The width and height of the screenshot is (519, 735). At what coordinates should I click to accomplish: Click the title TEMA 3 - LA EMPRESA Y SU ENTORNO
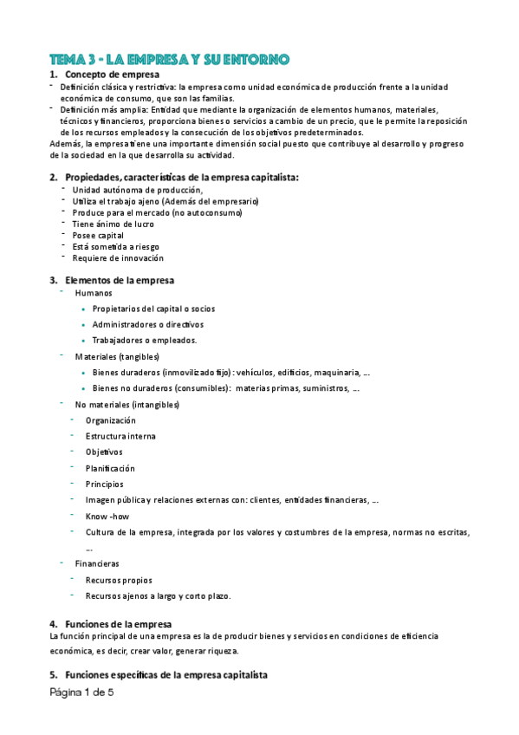(169, 59)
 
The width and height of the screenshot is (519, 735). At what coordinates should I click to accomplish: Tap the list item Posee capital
(98, 235)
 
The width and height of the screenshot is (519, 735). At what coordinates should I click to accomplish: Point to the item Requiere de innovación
(118, 257)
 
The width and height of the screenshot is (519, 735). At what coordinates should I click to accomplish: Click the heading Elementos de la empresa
(120, 280)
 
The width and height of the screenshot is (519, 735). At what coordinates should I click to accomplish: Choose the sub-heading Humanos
(94, 293)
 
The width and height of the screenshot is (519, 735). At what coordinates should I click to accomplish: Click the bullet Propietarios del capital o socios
(153, 309)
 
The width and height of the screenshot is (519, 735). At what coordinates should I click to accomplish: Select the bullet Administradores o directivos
(141, 324)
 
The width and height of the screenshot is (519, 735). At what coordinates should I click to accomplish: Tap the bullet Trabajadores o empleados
(145, 340)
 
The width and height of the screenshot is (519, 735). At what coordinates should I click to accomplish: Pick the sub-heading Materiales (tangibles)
(117, 356)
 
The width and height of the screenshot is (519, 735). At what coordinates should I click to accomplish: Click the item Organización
(111, 420)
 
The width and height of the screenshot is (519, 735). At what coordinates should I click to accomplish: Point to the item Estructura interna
(120, 436)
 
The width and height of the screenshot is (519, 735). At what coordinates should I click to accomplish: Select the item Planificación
(110, 468)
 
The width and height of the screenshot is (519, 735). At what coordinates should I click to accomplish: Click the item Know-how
(107, 517)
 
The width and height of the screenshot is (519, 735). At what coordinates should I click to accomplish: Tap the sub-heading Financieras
(97, 563)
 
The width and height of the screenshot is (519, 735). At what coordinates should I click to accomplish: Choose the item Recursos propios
(119, 580)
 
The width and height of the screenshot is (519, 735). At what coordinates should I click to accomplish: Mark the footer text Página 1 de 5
(81, 693)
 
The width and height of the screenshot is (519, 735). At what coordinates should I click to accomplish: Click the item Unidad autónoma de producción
(137, 190)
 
